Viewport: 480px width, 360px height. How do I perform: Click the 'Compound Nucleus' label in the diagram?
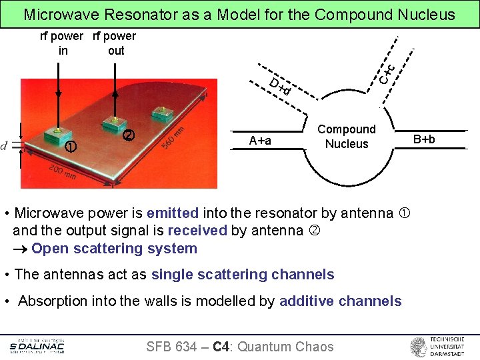click(x=346, y=137)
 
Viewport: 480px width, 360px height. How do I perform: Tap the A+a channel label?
click(x=260, y=140)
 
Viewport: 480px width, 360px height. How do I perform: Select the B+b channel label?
click(x=424, y=139)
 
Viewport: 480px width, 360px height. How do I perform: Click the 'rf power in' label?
click(x=62, y=43)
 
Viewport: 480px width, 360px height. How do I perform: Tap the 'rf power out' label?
click(x=115, y=43)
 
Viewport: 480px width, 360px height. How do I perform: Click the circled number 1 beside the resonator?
click(x=71, y=146)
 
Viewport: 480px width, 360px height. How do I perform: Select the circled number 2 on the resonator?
click(x=129, y=135)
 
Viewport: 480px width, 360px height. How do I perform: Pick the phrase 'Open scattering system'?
click(x=114, y=249)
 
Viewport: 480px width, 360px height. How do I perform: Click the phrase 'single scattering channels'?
click(x=243, y=275)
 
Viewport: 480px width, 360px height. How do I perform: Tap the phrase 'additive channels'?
click(x=340, y=301)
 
